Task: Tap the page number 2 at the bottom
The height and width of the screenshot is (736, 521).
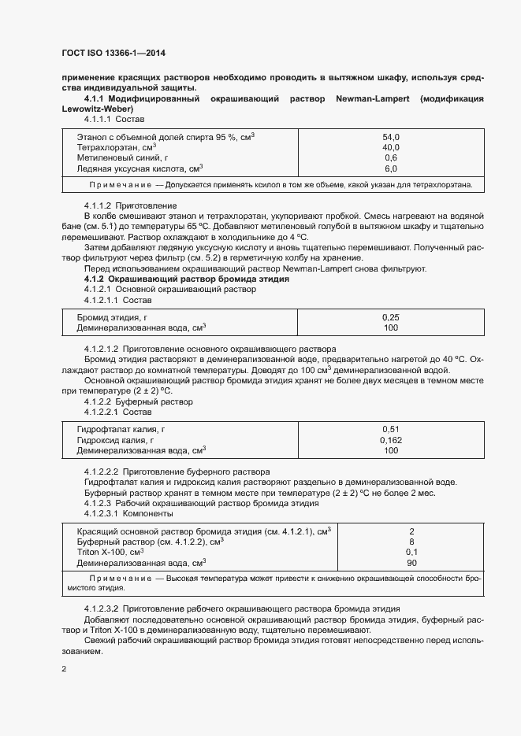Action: [x=64, y=669]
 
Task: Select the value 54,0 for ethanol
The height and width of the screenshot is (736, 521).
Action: [x=391, y=136]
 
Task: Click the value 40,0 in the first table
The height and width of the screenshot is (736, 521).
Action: [x=391, y=147]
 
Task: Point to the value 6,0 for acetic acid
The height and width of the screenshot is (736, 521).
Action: [x=391, y=169]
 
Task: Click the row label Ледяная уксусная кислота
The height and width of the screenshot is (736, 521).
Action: [x=140, y=169]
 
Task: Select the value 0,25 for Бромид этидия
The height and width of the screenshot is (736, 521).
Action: [x=391, y=317]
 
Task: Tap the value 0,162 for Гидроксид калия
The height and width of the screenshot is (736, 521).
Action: [x=391, y=440]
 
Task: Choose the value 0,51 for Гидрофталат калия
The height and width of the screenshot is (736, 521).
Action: [x=391, y=429]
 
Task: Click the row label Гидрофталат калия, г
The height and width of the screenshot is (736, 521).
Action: [x=121, y=429]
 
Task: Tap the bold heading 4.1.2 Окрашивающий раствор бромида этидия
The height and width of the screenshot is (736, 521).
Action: [x=186, y=279]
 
